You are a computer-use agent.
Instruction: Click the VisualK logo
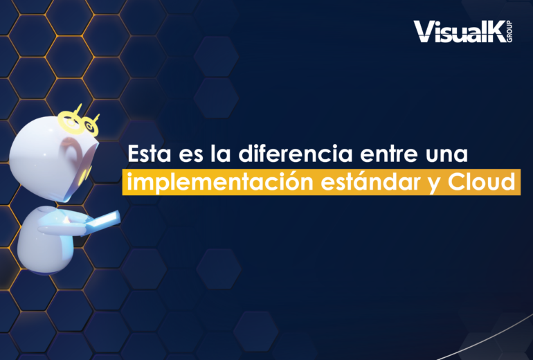pos(462,31)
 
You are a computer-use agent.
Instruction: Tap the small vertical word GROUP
pos(509,31)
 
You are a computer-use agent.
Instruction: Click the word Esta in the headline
pos(150,154)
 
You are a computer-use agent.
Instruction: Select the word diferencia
pos(295,153)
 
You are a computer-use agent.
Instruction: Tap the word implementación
pos(220,183)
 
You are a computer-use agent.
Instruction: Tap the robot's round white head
pos(51,157)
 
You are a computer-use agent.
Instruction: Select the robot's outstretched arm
pos(63,228)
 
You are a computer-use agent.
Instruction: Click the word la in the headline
pos(221,153)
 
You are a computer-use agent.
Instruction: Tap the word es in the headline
pos(190,155)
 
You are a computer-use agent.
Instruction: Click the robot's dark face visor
pos(80,168)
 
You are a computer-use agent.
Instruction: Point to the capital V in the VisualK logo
pos(423,32)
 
